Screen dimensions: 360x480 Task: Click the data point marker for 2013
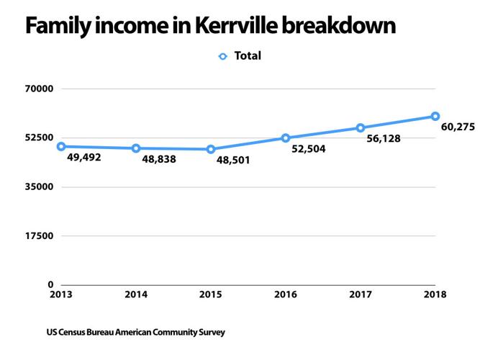tap(61, 146)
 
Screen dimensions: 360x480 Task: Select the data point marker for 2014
tap(136, 148)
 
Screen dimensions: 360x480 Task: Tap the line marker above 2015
tap(211, 149)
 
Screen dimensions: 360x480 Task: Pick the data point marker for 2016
tap(286, 138)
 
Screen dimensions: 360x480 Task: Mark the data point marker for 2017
tap(361, 127)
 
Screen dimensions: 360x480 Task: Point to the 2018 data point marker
tap(435, 116)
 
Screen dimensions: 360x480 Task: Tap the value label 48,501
tap(233, 160)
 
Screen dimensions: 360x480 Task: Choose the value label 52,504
tap(309, 150)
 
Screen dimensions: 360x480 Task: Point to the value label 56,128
tap(384, 138)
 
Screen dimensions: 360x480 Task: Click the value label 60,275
tap(457, 127)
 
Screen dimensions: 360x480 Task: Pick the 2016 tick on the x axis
tap(286, 294)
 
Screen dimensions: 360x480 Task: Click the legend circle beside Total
tap(223, 56)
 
